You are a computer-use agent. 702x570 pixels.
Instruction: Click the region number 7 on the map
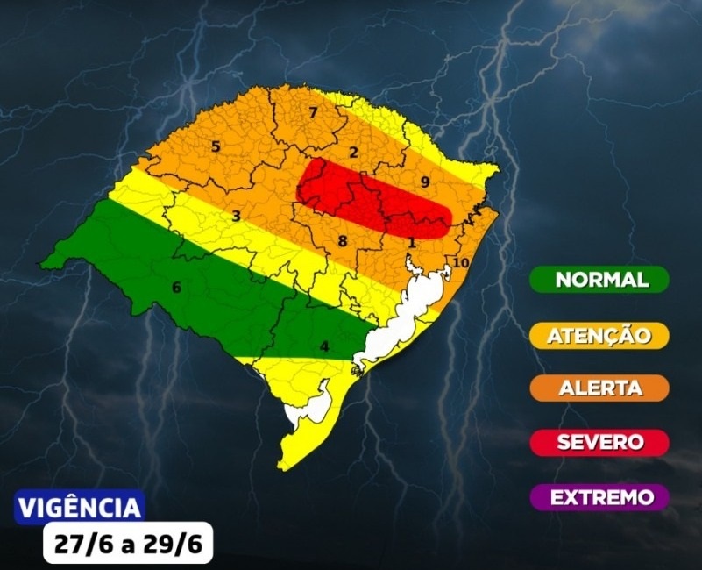click(313, 112)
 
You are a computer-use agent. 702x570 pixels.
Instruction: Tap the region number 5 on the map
click(216, 146)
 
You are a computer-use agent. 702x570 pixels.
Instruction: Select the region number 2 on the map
click(353, 153)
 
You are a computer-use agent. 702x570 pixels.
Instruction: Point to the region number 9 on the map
click(424, 182)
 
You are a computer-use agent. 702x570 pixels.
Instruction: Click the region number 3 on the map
click(236, 216)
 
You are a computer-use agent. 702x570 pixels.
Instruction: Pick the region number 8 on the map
click(343, 240)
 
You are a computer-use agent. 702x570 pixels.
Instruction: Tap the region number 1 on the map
click(411, 242)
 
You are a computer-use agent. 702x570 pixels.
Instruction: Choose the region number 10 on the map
click(461, 263)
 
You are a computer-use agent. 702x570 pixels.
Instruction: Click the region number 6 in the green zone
click(176, 287)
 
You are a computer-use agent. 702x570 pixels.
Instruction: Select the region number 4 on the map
click(324, 346)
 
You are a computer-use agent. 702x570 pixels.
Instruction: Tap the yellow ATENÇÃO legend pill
click(600, 335)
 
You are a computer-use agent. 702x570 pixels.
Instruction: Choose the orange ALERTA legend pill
click(600, 388)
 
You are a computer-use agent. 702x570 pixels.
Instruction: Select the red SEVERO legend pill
click(600, 442)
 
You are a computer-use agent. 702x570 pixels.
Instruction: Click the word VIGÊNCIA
click(80, 508)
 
